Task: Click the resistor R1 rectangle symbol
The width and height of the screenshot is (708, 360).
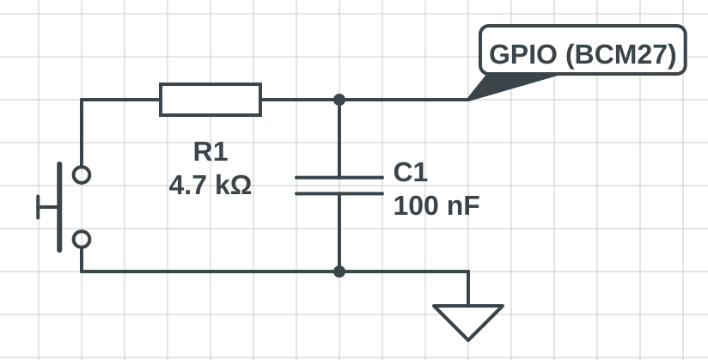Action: coord(211,100)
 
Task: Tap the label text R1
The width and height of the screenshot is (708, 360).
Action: coord(211,152)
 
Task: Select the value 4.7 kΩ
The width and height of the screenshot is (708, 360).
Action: coord(211,185)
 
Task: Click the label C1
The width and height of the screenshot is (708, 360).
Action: coord(410,173)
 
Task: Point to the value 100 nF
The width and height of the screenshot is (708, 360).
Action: coord(436,206)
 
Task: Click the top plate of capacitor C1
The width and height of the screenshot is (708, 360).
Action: coord(339,178)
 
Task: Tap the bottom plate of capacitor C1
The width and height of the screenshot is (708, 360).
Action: coord(339,193)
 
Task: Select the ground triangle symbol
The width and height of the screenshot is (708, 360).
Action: coord(468,320)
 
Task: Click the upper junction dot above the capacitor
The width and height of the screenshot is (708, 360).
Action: coord(339,100)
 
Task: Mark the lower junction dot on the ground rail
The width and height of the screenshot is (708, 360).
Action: coord(339,272)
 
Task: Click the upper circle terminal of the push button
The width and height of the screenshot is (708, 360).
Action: coord(82,174)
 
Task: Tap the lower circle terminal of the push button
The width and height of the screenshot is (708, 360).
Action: coord(82,239)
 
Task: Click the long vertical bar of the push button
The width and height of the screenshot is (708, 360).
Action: coord(59,207)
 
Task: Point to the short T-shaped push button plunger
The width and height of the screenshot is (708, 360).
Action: coord(45,207)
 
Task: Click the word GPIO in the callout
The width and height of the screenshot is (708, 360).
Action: coord(523,56)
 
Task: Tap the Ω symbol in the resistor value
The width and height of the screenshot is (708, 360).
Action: coord(241,185)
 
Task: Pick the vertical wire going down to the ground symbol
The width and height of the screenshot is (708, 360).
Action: coord(468,288)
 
